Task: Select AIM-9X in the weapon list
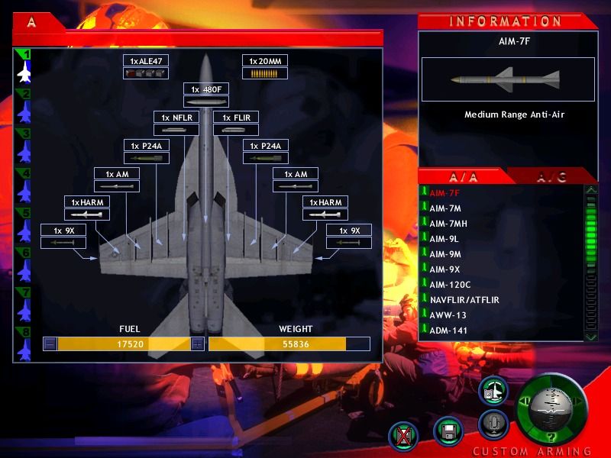[x=445, y=269]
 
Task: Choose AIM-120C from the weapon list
[x=450, y=285]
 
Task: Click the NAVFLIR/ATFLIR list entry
[x=464, y=300]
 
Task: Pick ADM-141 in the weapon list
[x=448, y=331]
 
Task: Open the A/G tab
[x=551, y=177]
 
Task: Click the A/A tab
[x=463, y=177]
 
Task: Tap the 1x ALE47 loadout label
[x=146, y=61]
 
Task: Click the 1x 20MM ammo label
[x=265, y=61]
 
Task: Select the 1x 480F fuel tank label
[x=206, y=89]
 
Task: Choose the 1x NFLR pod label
[x=176, y=118]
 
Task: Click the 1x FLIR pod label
[x=236, y=118]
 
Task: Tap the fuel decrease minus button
[x=50, y=344]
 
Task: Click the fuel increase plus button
[x=198, y=344]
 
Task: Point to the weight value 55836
[x=296, y=344]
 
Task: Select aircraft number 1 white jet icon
[x=24, y=72]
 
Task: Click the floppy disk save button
[x=448, y=431]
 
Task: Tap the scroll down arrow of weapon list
[x=591, y=336]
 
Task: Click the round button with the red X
[x=404, y=436]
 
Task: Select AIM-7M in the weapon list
[x=445, y=208]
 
